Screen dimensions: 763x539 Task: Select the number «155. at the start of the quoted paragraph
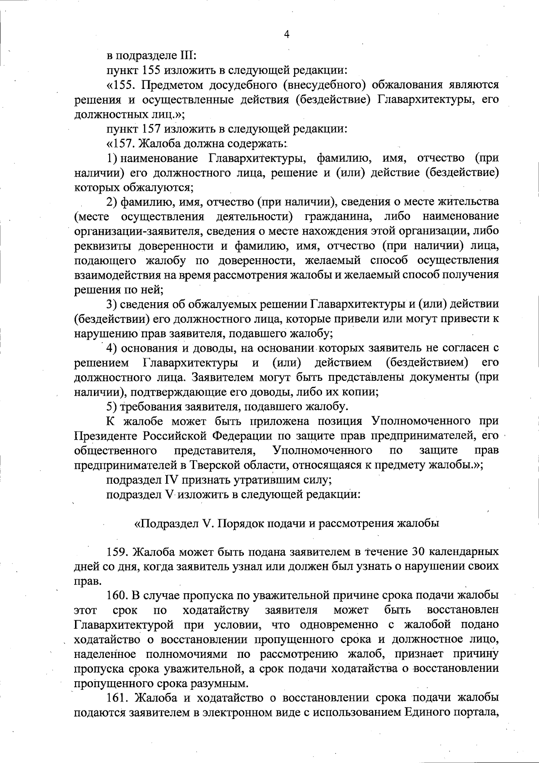pos(119,85)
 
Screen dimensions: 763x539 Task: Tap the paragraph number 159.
pos(118,552)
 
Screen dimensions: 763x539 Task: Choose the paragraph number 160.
pos(118,596)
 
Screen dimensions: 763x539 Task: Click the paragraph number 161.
pos(118,698)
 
